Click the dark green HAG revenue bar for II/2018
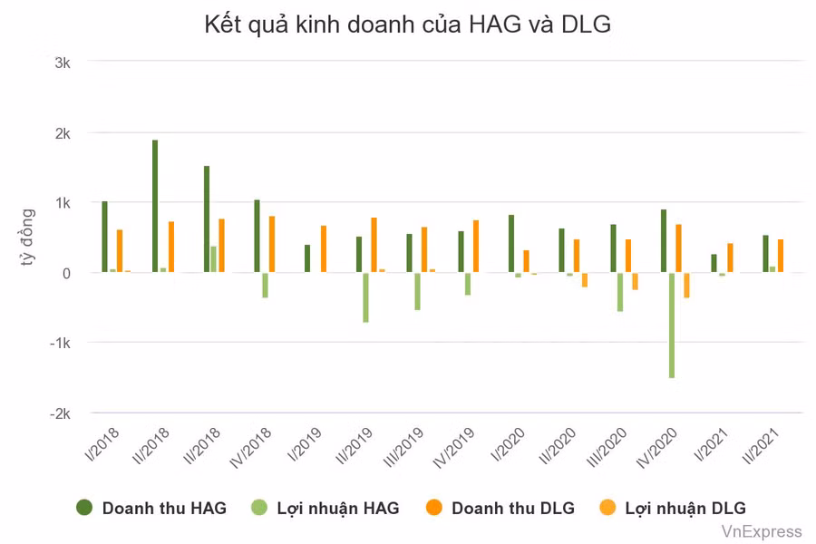[155, 206]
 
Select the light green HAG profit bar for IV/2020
[672, 325]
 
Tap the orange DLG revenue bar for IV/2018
[271, 244]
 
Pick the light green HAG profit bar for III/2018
[214, 259]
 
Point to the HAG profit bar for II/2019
[365, 297]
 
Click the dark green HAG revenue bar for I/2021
[714, 263]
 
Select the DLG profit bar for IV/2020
[686, 285]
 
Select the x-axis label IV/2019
[462, 446]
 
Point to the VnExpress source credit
[762, 531]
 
